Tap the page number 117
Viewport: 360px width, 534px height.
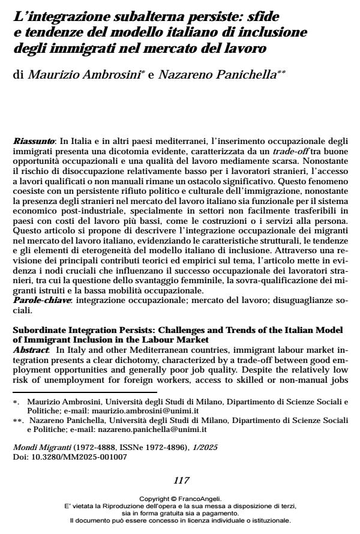click(x=181, y=480)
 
